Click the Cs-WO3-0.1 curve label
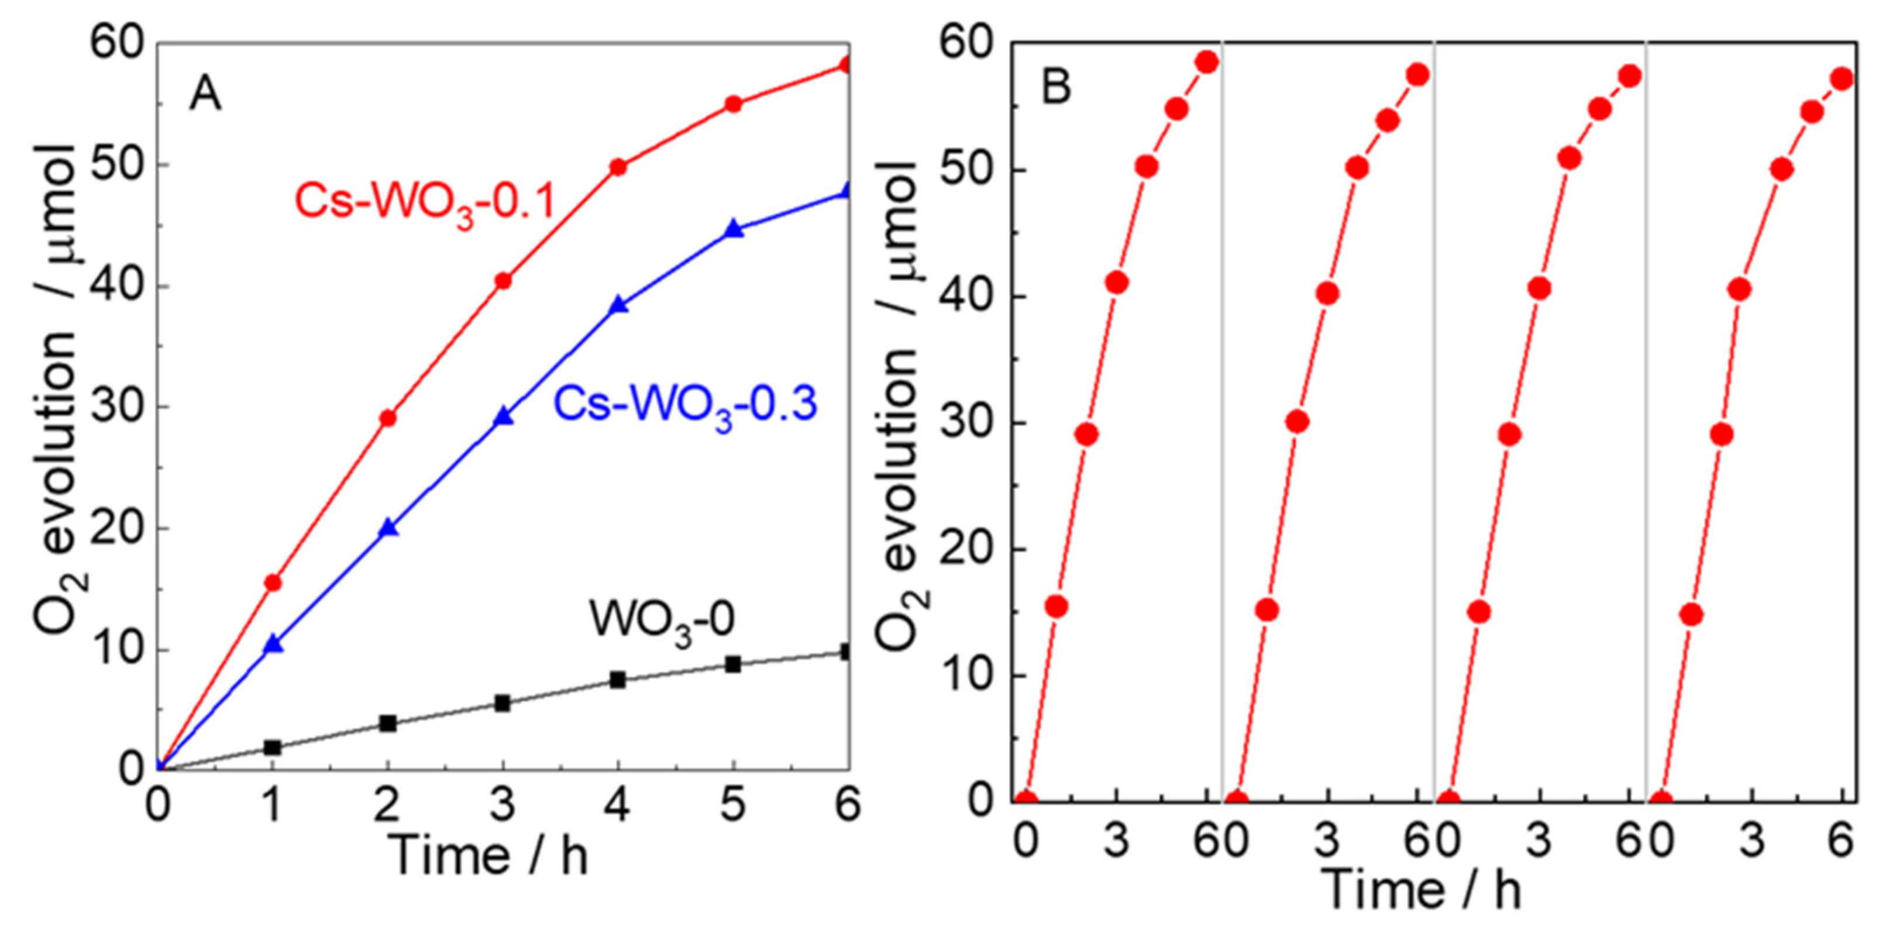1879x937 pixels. pos(426,203)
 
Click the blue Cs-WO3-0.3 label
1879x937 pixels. pos(685,405)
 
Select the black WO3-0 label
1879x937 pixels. pos(662,621)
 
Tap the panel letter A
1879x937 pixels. pos(204,95)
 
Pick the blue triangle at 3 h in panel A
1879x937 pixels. pos(503,416)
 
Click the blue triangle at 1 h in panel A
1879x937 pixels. pos(273,644)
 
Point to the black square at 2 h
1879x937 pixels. pos(388,724)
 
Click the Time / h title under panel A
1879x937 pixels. pos(487,854)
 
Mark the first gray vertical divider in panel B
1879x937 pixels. pos(1223,423)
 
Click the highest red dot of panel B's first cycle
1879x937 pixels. pos(1208,63)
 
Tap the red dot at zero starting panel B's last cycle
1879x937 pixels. pos(1661,801)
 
